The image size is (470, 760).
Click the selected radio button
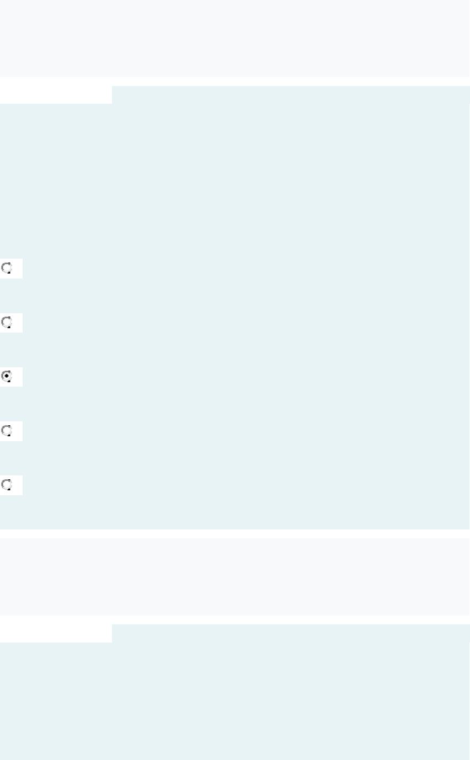point(7,376)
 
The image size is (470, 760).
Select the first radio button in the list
point(7,268)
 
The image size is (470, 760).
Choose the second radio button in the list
point(7,322)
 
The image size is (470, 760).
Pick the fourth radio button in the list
point(7,430)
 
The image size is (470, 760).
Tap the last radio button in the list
point(7,484)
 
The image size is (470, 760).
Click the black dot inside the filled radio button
point(7,376)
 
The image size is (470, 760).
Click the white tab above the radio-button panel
point(55,95)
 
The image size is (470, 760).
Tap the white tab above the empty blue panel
point(55,634)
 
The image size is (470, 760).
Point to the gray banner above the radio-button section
point(234,38)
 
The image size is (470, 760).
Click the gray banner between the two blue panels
point(234,576)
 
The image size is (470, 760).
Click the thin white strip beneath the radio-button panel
point(234,533)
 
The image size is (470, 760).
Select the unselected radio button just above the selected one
point(7,322)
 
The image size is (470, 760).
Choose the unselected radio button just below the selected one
point(7,430)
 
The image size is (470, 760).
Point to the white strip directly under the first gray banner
point(234,81)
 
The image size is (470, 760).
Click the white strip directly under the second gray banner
point(234,620)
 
